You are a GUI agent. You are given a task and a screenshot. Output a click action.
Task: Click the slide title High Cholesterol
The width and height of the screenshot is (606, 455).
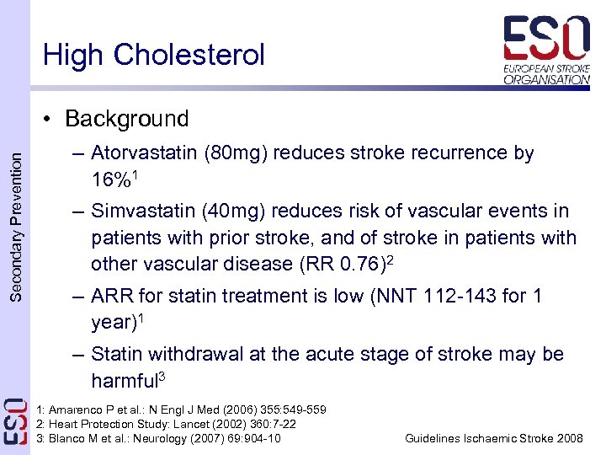coord(153,56)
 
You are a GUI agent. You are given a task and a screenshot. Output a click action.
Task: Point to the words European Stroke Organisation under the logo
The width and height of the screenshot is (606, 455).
coord(547,73)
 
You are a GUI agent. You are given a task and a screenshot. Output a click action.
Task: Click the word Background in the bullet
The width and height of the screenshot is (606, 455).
coord(126,119)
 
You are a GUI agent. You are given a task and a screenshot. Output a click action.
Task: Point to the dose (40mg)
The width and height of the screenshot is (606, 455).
coord(241,211)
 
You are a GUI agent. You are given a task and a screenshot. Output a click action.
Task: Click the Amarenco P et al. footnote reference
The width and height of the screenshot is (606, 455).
coord(181,409)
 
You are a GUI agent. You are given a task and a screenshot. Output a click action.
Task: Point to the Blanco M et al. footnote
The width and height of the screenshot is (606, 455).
coord(158,438)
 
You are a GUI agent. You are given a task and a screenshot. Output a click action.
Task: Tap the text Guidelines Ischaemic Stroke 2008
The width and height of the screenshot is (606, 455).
coord(493,438)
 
